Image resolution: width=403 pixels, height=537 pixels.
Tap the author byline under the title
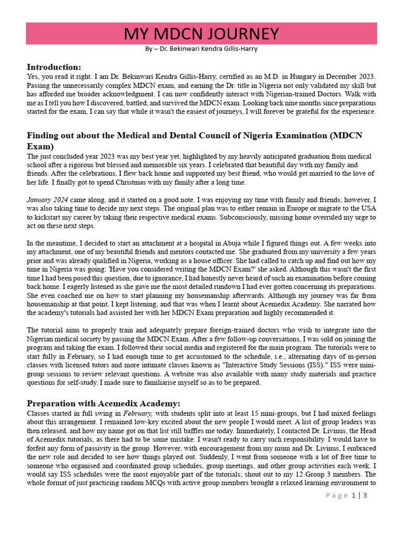click(201, 49)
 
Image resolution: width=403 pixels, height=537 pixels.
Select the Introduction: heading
click(54, 67)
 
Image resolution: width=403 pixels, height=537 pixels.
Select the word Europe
click(279, 209)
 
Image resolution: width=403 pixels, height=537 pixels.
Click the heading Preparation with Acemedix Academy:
click(103, 403)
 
